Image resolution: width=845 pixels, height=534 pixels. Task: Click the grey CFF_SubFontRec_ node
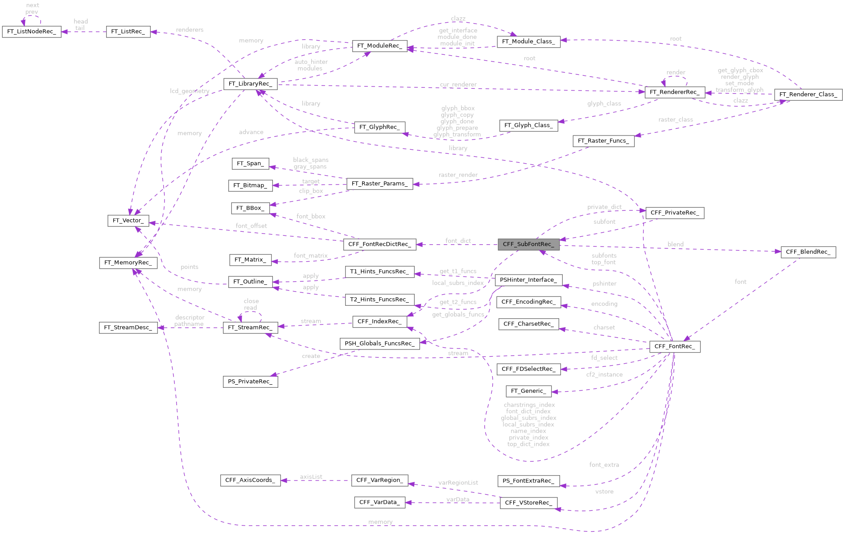click(528, 244)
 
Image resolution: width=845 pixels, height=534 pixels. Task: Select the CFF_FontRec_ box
click(674, 346)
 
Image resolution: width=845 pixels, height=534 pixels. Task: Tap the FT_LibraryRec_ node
click(250, 84)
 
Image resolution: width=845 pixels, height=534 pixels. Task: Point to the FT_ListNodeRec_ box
click(32, 32)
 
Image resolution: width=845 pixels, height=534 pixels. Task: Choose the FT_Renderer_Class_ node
click(808, 94)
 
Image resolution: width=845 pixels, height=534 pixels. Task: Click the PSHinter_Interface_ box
click(528, 280)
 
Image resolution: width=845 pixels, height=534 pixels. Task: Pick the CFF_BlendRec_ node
click(808, 252)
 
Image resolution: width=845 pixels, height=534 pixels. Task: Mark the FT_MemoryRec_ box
click(128, 263)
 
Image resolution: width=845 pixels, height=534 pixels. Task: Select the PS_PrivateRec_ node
click(250, 382)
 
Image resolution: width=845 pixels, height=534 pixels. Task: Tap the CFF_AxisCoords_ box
click(250, 480)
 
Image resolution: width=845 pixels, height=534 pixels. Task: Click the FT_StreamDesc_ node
click(128, 328)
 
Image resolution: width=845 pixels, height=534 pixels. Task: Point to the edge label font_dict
click(458, 241)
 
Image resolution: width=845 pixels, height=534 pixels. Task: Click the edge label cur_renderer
click(458, 85)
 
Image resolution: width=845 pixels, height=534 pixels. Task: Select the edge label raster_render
click(458, 175)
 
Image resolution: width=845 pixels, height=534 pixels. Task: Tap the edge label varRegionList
click(458, 483)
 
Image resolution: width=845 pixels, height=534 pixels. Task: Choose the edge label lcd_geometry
click(190, 91)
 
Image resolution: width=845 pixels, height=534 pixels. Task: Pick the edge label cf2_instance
click(604, 374)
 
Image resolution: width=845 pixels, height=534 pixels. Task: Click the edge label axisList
click(311, 477)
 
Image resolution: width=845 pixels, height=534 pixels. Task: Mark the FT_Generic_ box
click(528, 391)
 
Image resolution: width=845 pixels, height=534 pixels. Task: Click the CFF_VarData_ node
click(379, 502)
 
